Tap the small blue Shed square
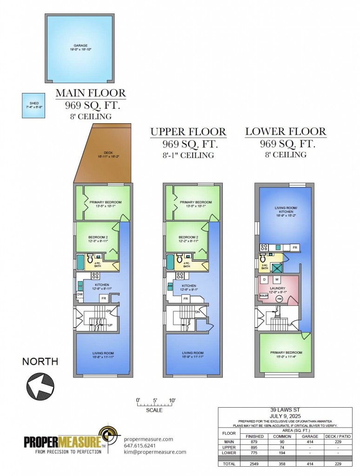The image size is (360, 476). point(34,105)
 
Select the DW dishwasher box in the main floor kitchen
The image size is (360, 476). point(80,294)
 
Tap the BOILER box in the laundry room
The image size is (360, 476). point(264,295)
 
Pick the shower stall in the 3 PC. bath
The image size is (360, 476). point(277,267)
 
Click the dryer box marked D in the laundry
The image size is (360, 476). point(264,280)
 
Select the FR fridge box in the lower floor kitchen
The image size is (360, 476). point(294,247)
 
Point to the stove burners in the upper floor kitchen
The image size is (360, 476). point(179,276)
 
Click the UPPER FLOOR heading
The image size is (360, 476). point(188,132)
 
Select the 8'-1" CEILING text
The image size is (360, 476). point(188,155)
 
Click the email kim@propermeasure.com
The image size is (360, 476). point(155,452)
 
